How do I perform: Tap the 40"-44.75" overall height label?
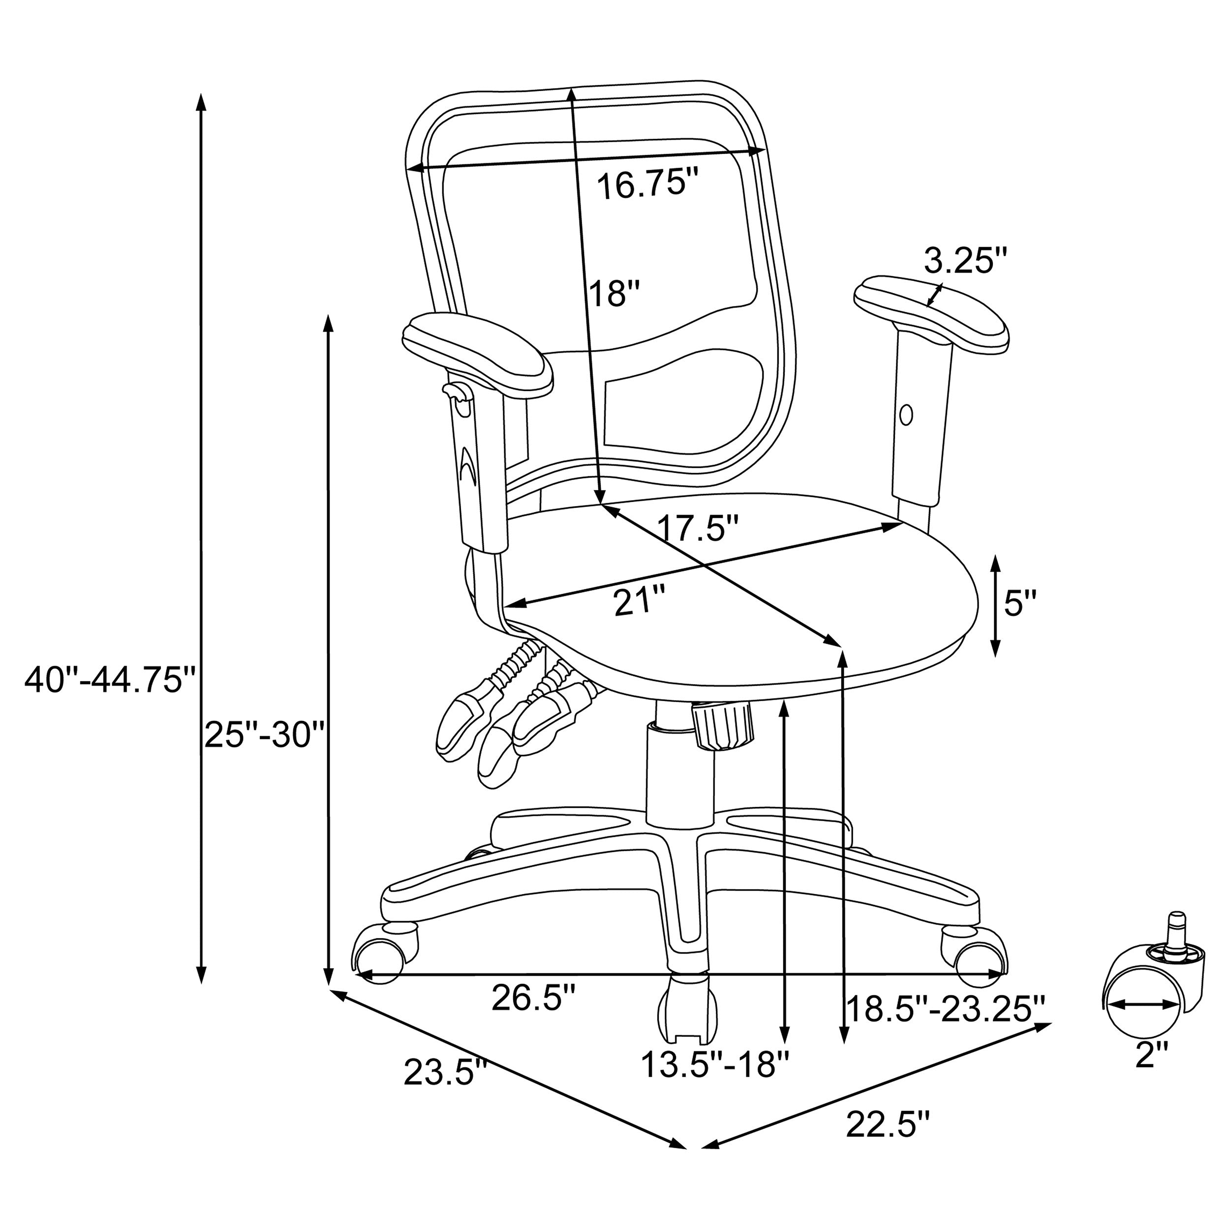pos(109,680)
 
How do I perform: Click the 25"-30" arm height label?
pos(265,736)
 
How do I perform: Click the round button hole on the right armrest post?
pos(907,415)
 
